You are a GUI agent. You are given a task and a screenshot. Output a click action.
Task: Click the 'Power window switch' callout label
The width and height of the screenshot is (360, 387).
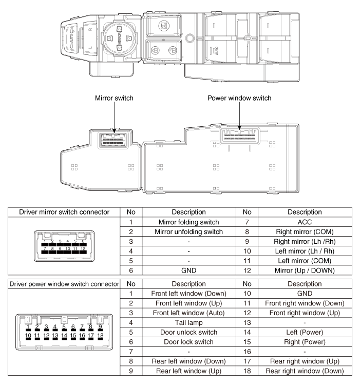239,98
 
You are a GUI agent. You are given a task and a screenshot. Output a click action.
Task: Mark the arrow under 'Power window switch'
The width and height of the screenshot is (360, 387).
239,115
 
